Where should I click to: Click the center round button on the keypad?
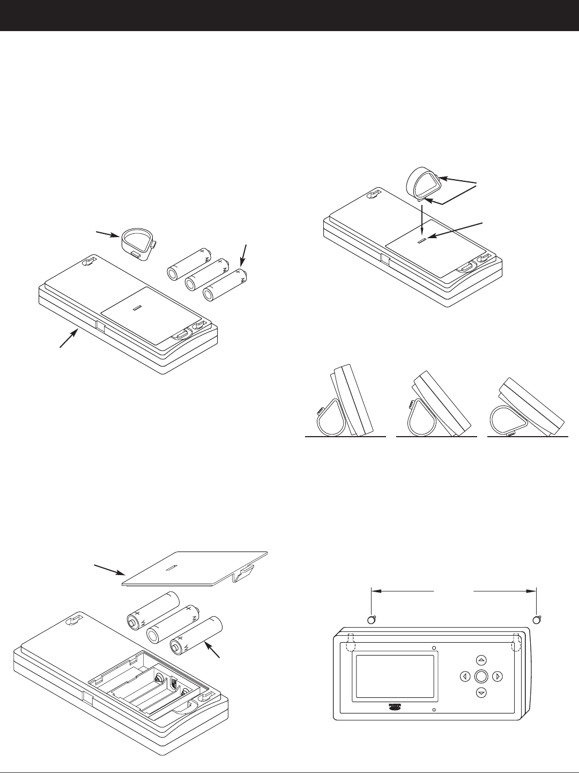point(481,676)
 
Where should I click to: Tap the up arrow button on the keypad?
point(481,659)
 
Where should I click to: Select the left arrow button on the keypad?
point(464,676)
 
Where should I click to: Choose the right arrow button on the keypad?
point(498,676)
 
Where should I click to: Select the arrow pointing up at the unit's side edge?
point(69,339)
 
